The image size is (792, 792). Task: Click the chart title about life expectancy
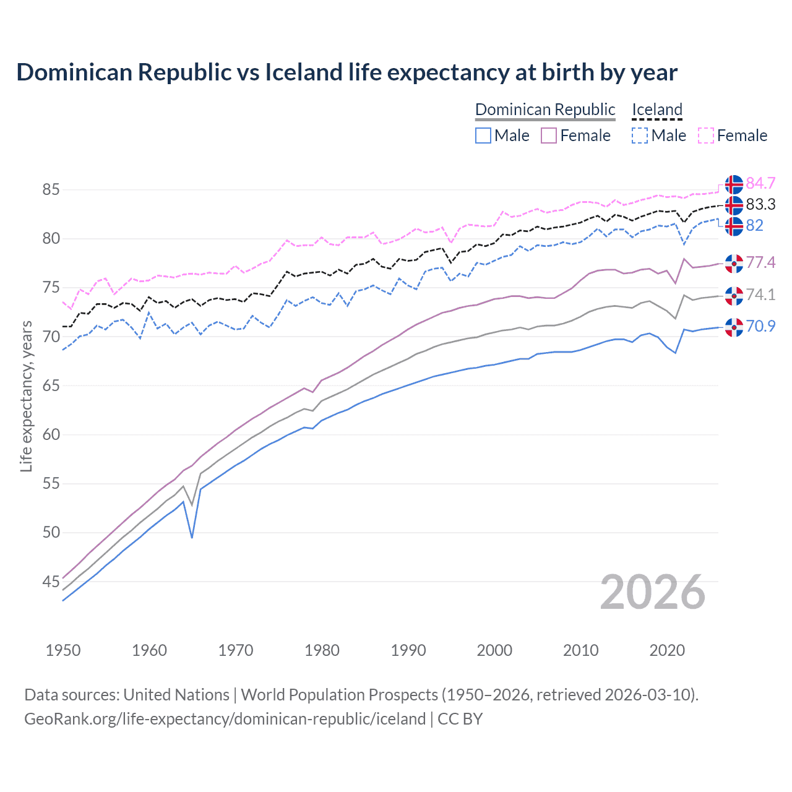coord(346,72)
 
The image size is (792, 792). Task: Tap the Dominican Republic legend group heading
coord(545,110)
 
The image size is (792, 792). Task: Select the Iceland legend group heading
coord(656,110)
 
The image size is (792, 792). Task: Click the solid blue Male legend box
coord(483,136)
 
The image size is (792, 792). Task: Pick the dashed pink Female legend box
coord(706,136)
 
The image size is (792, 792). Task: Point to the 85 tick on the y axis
coord(51,189)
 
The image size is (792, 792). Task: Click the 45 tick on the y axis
coord(51,582)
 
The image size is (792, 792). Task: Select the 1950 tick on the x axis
coord(63,650)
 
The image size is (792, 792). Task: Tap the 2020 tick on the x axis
coord(667,650)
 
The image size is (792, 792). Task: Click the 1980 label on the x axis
coord(322,650)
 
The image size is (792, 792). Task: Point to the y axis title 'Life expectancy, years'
coord(26,396)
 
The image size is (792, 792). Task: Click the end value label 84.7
coord(760,184)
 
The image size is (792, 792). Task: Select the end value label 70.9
coord(760,326)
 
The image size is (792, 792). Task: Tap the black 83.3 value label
coord(760,205)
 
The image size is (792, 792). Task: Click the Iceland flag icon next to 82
coord(734,226)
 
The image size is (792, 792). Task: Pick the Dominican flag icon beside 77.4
coord(734,263)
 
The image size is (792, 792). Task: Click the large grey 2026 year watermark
coord(653,592)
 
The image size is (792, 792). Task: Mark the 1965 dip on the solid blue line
coord(192,537)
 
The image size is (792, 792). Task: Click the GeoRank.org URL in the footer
coord(225,719)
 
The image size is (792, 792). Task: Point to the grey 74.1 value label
coord(760,295)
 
